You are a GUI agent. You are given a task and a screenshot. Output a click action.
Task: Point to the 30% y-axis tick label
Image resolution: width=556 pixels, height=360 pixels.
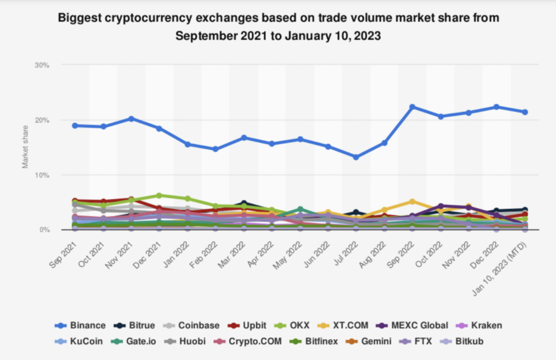tap(43, 65)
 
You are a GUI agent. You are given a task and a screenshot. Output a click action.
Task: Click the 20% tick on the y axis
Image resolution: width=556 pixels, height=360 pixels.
tap(43, 120)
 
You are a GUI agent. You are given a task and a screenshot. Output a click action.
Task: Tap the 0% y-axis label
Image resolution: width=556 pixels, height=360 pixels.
tap(44, 230)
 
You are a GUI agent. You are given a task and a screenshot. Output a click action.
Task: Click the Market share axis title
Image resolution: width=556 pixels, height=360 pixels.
tap(26, 148)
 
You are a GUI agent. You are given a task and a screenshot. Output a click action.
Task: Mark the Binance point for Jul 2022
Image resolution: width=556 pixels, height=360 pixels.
tap(356, 157)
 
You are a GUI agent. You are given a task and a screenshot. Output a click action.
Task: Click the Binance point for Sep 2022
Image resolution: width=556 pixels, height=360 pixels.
tap(412, 107)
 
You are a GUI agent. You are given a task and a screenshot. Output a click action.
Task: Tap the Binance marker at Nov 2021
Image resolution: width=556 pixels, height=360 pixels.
tap(131, 118)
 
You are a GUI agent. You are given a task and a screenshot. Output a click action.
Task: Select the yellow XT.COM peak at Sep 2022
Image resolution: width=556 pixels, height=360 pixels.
tap(412, 202)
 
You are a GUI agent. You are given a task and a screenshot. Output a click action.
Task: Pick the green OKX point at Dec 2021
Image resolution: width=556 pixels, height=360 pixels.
tap(159, 195)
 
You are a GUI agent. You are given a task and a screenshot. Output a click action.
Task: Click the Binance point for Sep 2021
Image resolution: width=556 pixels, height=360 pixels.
tap(75, 126)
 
